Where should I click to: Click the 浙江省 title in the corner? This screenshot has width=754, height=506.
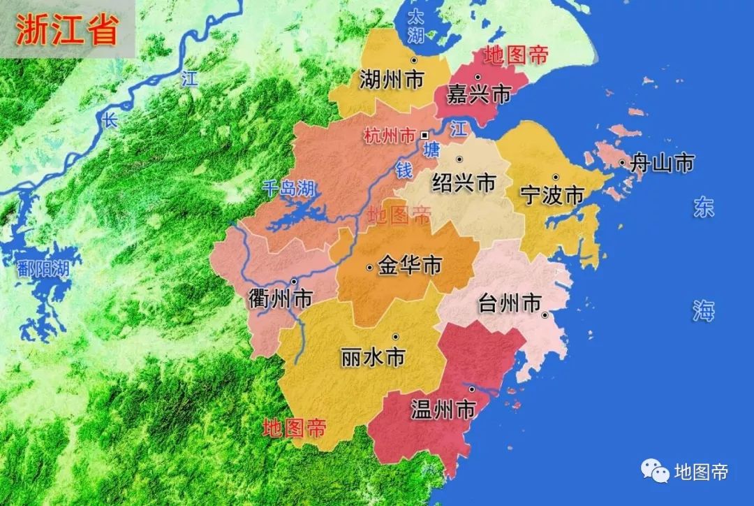[x=66, y=31]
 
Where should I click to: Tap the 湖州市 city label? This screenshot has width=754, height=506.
[x=392, y=80]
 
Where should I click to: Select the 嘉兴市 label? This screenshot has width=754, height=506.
[x=480, y=94]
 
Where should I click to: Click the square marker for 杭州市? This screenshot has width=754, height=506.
[x=424, y=136]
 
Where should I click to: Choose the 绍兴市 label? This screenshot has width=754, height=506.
[x=464, y=183]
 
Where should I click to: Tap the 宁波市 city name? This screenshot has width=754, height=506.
[x=552, y=195]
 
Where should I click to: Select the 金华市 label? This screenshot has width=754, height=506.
[x=409, y=266]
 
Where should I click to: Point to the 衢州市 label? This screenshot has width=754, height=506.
[x=280, y=299]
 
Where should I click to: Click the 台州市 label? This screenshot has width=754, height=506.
[x=510, y=304]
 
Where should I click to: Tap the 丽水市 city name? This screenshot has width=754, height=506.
[x=374, y=358]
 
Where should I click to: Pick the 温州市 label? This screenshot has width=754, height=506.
[x=443, y=409]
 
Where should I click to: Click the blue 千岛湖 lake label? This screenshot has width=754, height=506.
[x=289, y=187]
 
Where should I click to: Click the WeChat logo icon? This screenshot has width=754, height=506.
[x=654, y=472]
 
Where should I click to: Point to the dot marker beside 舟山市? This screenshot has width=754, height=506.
[x=622, y=164]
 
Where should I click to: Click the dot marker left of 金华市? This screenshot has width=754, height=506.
[x=369, y=267]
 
